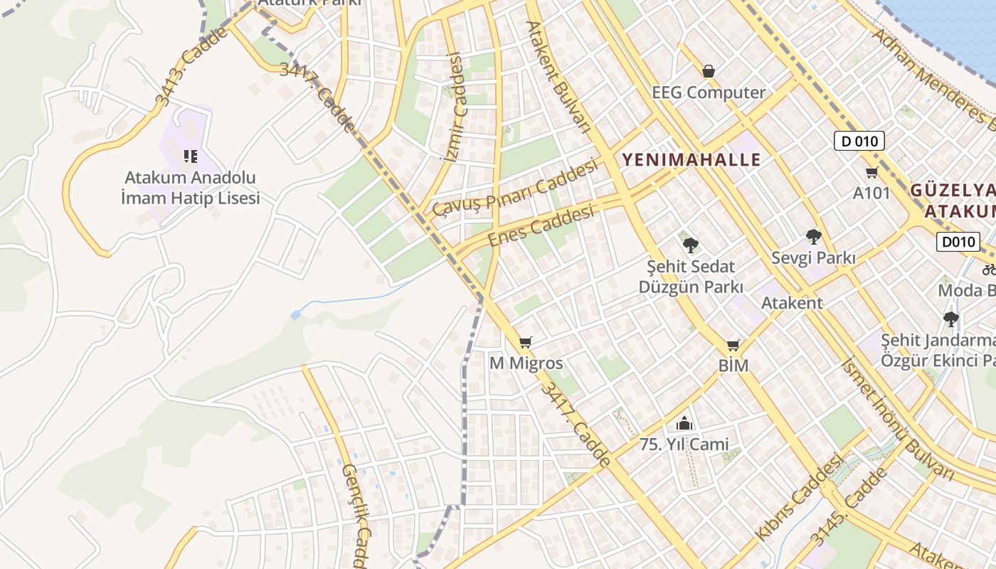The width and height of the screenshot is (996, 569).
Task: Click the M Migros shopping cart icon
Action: (x=525, y=344)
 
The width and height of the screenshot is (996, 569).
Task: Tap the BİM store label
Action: (x=733, y=366)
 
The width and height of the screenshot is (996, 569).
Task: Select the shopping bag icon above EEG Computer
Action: (x=708, y=71)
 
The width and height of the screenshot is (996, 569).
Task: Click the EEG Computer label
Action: (x=709, y=92)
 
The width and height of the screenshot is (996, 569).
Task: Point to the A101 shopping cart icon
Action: (x=871, y=173)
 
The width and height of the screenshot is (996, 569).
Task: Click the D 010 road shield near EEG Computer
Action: (x=859, y=141)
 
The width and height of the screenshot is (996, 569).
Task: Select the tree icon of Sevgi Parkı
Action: (x=813, y=237)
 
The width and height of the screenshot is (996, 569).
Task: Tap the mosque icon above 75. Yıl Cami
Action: (x=684, y=424)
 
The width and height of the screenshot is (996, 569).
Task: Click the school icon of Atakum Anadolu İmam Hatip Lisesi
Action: (x=190, y=156)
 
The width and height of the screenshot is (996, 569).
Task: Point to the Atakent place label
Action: (x=792, y=303)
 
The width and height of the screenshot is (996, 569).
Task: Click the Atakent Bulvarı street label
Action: (x=558, y=76)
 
